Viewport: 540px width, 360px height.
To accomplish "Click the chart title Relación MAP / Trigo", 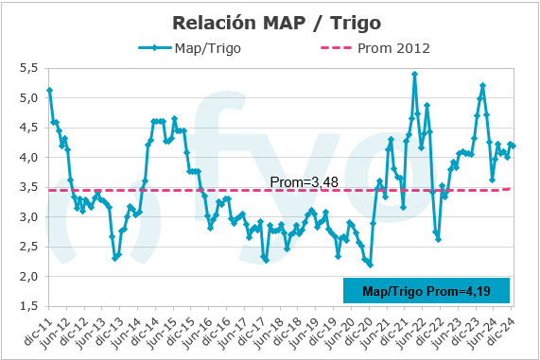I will tap(270, 21).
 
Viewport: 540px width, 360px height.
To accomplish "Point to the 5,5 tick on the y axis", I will tap(29, 68).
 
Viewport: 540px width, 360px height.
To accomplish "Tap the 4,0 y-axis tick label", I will tap(29, 158).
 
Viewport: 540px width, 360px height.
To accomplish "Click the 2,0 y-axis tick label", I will tap(29, 277).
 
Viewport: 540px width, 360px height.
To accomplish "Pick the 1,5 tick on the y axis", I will tap(29, 307).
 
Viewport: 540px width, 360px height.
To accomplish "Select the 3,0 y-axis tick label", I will tap(29, 217).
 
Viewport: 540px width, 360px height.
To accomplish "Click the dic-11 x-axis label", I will tap(38, 330).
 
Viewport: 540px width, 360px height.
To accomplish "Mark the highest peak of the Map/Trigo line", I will tap(415, 74).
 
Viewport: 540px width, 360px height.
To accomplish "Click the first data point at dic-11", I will tap(49, 90).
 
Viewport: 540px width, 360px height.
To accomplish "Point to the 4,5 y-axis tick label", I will tap(29, 128).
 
